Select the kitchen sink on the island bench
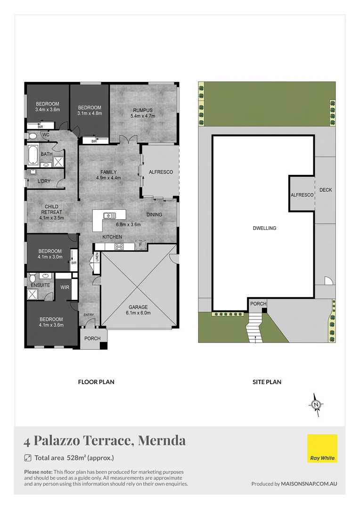[110, 216]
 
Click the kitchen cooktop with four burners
[119, 246]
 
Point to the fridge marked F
[140, 245]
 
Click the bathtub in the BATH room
[33, 153]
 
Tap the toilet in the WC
[32, 136]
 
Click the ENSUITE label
[41, 285]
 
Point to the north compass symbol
[316, 404]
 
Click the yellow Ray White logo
[322, 449]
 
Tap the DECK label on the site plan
[326, 190]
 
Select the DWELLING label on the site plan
[264, 228]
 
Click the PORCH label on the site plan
[258, 304]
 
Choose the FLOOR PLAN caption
[96, 382]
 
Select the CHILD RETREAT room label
[52, 212]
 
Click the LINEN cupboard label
[97, 257]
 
